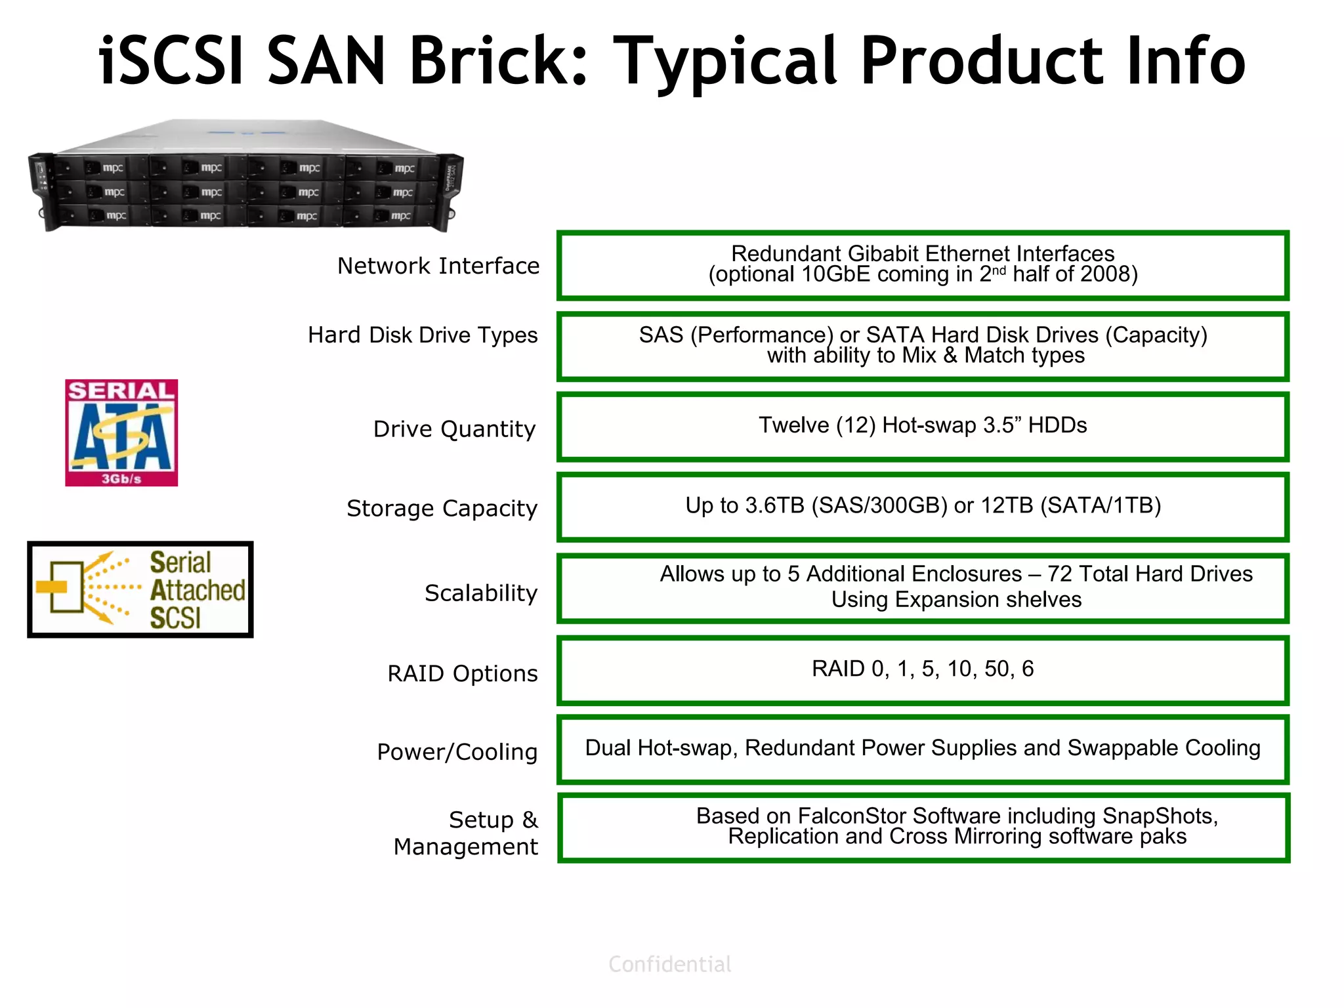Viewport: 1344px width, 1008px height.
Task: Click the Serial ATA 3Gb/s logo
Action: click(121, 432)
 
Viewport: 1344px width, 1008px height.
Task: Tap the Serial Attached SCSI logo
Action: click(140, 589)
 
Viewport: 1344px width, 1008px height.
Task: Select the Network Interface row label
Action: click(438, 266)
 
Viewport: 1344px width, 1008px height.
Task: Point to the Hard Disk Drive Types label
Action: click(423, 335)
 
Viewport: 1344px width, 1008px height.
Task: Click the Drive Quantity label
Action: click(454, 429)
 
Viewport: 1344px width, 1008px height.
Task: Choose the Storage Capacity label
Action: click(442, 508)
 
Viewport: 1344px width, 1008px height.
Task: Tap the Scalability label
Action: click(480, 593)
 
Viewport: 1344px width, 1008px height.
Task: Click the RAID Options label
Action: click(462, 673)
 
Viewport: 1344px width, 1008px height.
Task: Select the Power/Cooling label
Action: click(457, 751)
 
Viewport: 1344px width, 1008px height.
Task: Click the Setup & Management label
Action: click(465, 833)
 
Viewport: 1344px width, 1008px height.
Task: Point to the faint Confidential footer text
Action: click(669, 964)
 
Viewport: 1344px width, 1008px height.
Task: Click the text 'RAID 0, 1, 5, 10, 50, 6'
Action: click(922, 669)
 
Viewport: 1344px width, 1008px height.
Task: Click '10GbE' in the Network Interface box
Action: click(835, 274)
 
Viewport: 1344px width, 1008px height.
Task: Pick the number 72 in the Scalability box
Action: click(1060, 574)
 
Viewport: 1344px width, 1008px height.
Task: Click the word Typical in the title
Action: click(728, 62)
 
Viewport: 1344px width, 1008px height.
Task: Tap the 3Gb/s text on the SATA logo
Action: click(121, 479)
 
